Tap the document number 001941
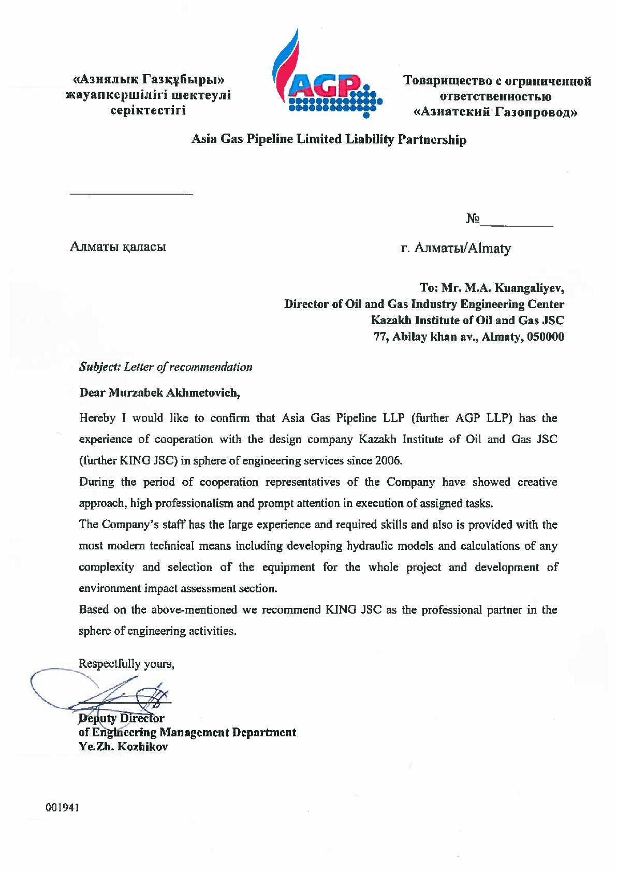click(x=62, y=807)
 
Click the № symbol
click(x=473, y=219)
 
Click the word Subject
click(x=99, y=367)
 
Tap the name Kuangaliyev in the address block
click(x=529, y=287)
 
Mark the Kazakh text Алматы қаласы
click(x=117, y=246)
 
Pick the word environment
click(x=110, y=588)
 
